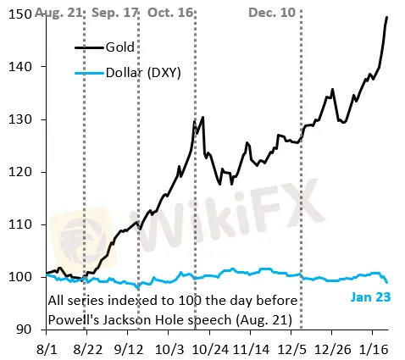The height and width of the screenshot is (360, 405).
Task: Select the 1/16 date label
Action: point(373,347)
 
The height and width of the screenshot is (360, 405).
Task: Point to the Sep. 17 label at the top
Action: point(114,14)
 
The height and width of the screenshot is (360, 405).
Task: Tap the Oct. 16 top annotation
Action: point(170,14)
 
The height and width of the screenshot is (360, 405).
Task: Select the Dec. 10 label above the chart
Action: point(272,14)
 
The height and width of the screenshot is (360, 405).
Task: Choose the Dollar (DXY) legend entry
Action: point(148,75)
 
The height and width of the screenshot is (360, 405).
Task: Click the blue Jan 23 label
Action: point(369,297)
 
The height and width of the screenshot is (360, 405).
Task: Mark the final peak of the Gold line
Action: point(387,17)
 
